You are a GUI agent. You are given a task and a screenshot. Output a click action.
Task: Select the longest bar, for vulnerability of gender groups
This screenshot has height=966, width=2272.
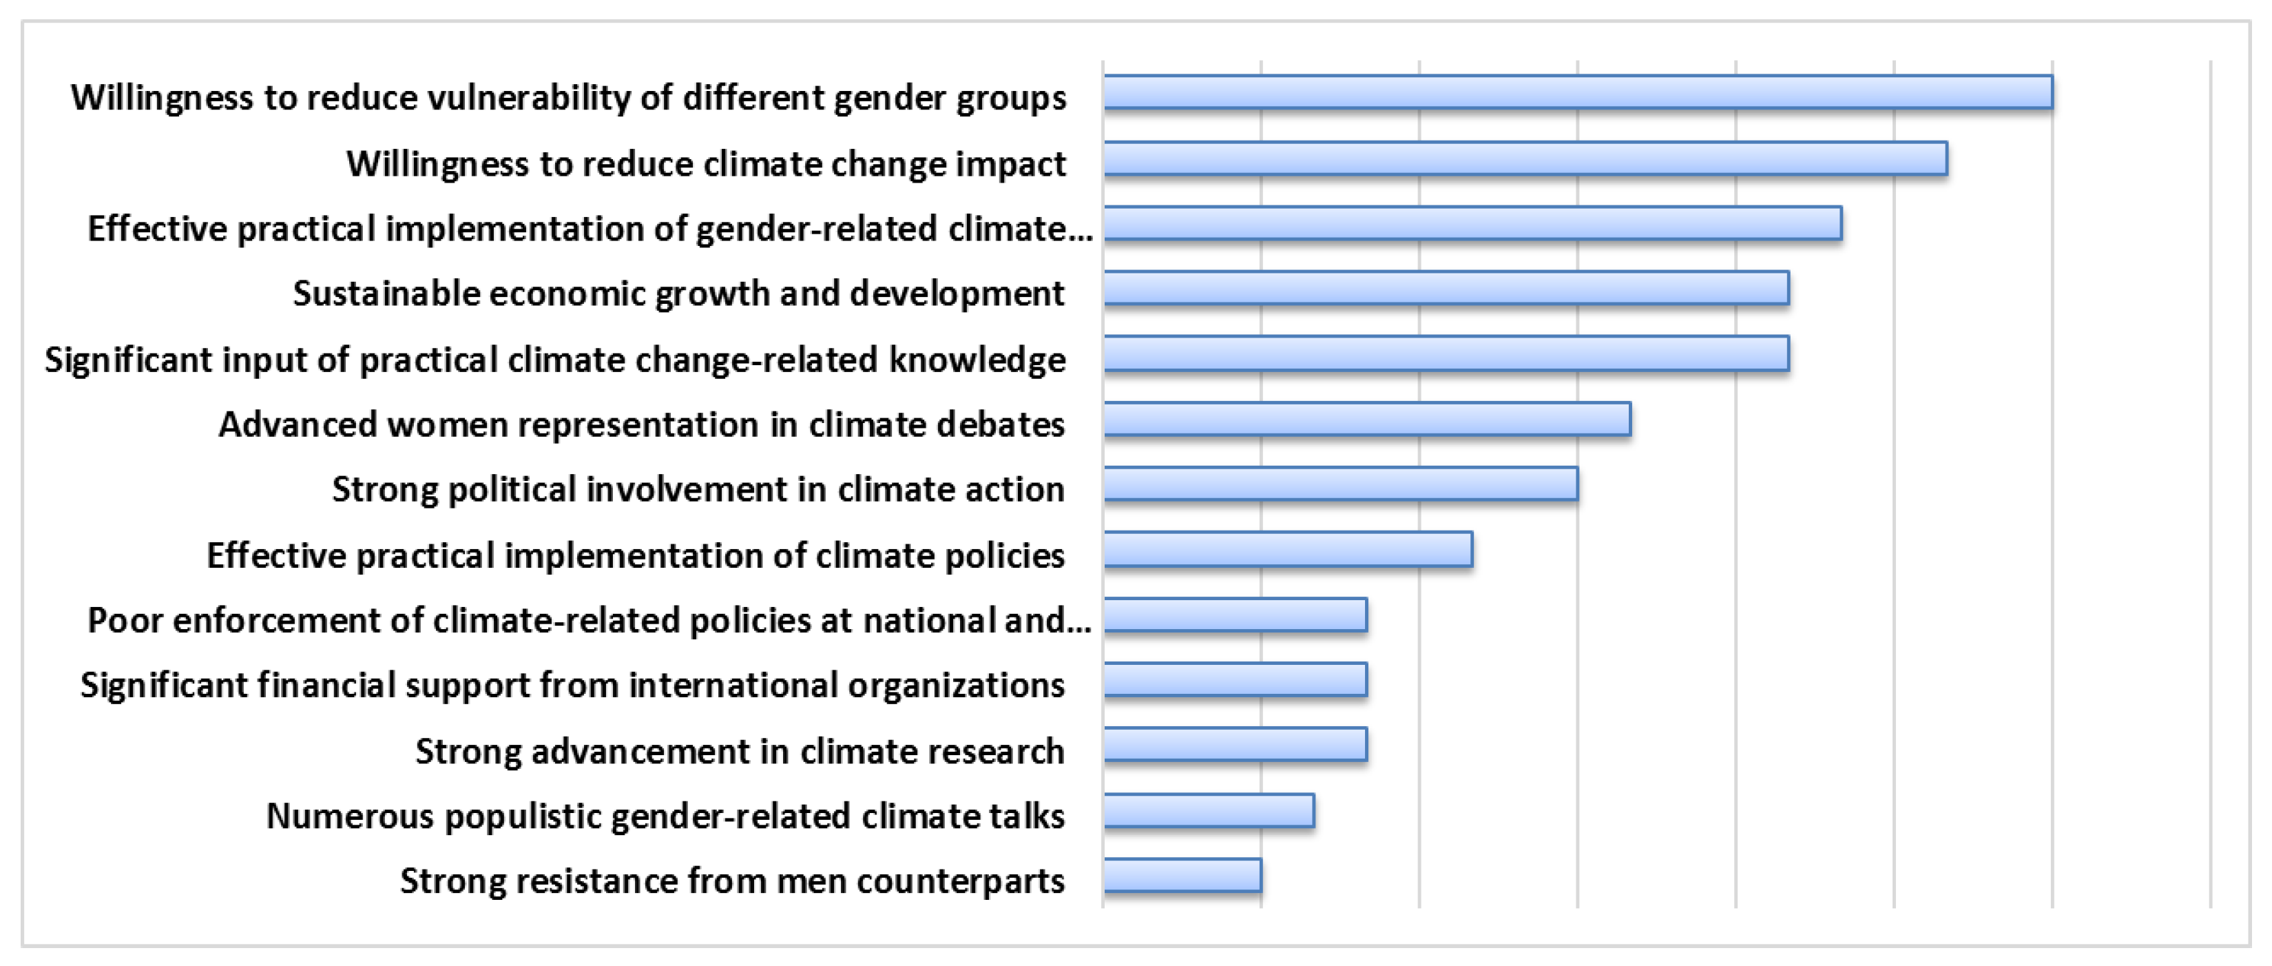click(x=1578, y=92)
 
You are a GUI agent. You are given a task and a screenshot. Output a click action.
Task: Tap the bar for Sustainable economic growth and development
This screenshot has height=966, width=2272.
click(x=1446, y=289)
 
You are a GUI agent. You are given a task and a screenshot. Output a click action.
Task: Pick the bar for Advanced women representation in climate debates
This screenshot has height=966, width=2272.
click(x=1367, y=419)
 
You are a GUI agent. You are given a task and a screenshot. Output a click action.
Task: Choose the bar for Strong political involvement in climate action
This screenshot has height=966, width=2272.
click(x=1341, y=484)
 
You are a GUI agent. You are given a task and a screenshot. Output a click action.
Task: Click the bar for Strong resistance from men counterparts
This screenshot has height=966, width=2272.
click(x=1182, y=875)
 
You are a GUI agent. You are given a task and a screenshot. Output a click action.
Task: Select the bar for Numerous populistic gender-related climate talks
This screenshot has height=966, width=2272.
click(x=1209, y=811)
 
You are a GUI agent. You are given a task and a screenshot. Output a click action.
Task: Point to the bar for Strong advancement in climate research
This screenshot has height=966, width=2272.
click(x=1236, y=745)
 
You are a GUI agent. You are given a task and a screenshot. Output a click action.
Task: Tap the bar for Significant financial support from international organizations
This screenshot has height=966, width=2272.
click(x=1236, y=680)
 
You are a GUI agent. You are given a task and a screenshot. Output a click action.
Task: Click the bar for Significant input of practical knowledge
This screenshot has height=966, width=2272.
click(x=1446, y=353)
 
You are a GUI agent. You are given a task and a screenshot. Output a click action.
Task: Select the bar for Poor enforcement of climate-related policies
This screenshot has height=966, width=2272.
click(x=1236, y=615)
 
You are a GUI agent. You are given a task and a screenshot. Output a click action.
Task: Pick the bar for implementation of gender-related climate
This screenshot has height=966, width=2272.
click(x=1473, y=223)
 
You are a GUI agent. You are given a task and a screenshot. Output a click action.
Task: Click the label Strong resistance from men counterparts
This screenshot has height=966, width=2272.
click(x=732, y=881)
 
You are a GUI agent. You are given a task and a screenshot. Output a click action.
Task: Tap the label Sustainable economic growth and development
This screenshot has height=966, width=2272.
click(x=678, y=294)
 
